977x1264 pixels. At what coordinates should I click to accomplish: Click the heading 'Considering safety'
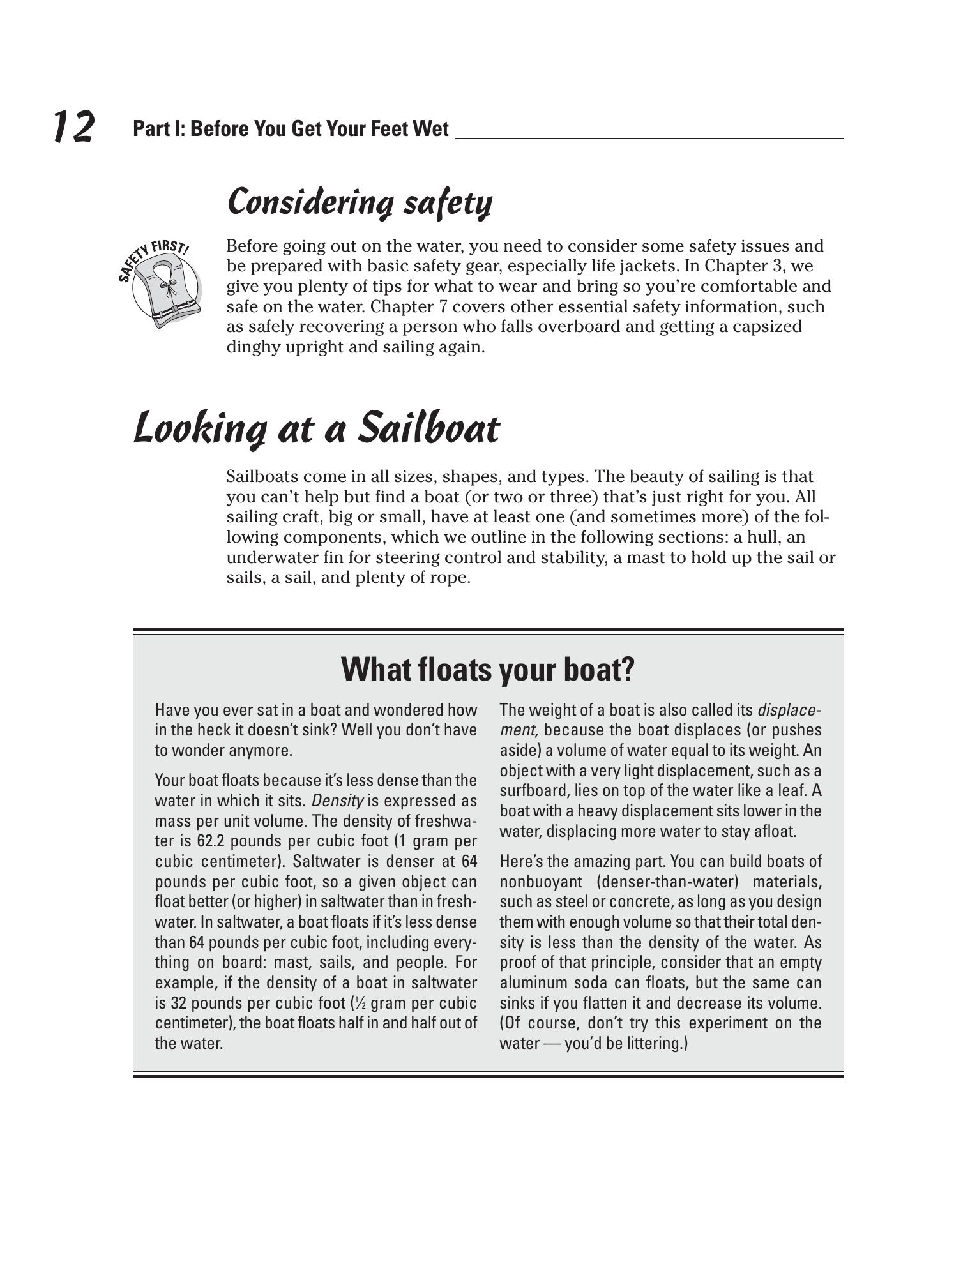click(x=360, y=202)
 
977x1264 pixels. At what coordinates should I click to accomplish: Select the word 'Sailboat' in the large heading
click(x=427, y=428)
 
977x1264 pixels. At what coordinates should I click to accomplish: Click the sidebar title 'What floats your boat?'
click(x=488, y=669)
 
